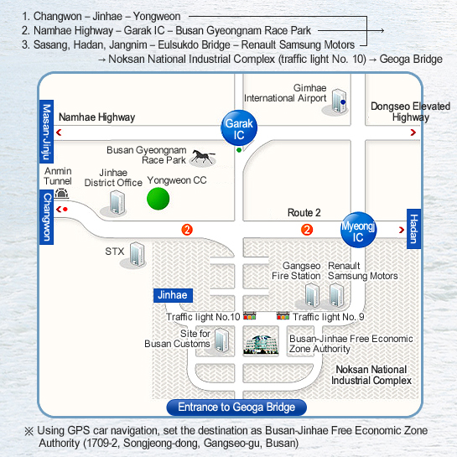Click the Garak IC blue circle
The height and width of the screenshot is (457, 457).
pyautogui.click(x=239, y=127)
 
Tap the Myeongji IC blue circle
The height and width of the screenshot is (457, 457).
pyautogui.click(x=359, y=230)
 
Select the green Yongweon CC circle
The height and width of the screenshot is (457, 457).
pyautogui.click(x=158, y=199)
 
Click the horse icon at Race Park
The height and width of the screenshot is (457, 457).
pyautogui.click(x=203, y=158)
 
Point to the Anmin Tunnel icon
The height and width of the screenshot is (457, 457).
pyautogui.click(x=61, y=194)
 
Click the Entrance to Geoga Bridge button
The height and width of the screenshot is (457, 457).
pyautogui.click(x=236, y=408)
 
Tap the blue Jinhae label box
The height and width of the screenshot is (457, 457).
pyautogui.click(x=173, y=295)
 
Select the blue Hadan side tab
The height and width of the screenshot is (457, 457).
pyautogui.click(x=413, y=229)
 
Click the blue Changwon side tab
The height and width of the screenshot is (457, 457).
pyautogui.click(x=47, y=217)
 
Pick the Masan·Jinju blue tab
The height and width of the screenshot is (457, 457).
pyautogui.click(x=47, y=132)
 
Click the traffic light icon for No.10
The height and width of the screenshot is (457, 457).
pyautogui.click(x=250, y=316)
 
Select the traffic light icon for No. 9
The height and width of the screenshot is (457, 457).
pyautogui.click(x=283, y=316)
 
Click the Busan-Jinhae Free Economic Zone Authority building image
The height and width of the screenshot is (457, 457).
pyautogui.click(x=261, y=345)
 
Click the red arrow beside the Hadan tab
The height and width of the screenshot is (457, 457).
pyautogui.click(x=402, y=230)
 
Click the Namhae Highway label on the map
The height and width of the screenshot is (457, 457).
pyautogui.click(x=96, y=117)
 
